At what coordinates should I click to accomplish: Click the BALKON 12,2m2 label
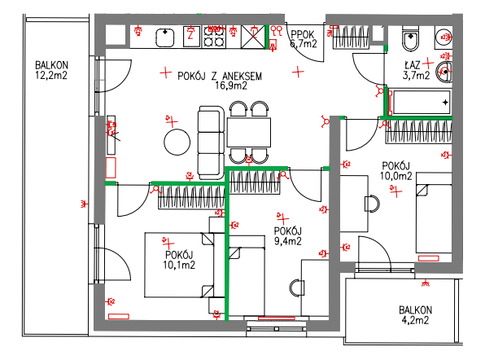(x=51, y=70)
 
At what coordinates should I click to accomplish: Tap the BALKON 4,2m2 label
(x=415, y=315)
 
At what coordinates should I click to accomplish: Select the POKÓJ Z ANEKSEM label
(x=220, y=76)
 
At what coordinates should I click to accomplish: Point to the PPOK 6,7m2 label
(x=304, y=39)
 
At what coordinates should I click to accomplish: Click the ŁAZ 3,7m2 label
(x=416, y=70)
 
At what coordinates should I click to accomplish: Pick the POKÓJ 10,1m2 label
(x=179, y=260)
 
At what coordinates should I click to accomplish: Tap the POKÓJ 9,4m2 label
(x=287, y=236)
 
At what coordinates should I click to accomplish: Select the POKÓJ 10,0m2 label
(x=396, y=171)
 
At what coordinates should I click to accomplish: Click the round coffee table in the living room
(x=177, y=142)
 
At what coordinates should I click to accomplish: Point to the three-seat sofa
(x=211, y=143)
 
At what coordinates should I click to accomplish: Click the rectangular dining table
(x=249, y=132)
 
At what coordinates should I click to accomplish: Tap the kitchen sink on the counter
(x=165, y=37)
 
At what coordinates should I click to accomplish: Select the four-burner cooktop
(x=214, y=37)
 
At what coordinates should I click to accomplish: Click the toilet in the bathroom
(x=410, y=39)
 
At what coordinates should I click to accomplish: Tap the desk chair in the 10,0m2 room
(x=372, y=204)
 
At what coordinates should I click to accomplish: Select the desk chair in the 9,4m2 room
(x=297, y=288)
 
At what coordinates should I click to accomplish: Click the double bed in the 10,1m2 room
(x=179, y=265)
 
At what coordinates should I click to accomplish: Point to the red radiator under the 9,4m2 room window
(x=276, y=318)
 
